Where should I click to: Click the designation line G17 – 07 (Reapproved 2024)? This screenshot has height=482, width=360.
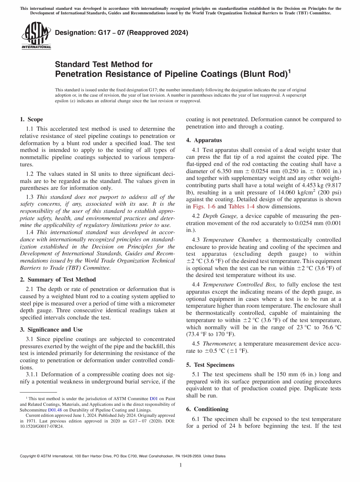tap(121, 33)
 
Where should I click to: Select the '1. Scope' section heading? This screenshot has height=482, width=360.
tap(31, 119)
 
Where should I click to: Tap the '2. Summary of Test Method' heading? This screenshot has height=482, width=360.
tap(58, 280)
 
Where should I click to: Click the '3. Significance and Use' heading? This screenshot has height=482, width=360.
tap(51, 330)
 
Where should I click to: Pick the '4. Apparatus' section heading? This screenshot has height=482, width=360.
tap(204, 140)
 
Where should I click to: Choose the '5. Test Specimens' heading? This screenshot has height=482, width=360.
tap(210, 365)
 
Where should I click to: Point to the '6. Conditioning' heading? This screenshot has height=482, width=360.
tap(207, 409)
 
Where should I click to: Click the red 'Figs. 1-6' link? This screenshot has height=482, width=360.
tap(204, 207)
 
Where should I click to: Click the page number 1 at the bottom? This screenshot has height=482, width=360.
tap(180, 465)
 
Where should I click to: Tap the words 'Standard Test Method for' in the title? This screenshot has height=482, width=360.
tap(103, 64)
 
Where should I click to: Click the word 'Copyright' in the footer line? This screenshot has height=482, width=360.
tap(28, 456)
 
